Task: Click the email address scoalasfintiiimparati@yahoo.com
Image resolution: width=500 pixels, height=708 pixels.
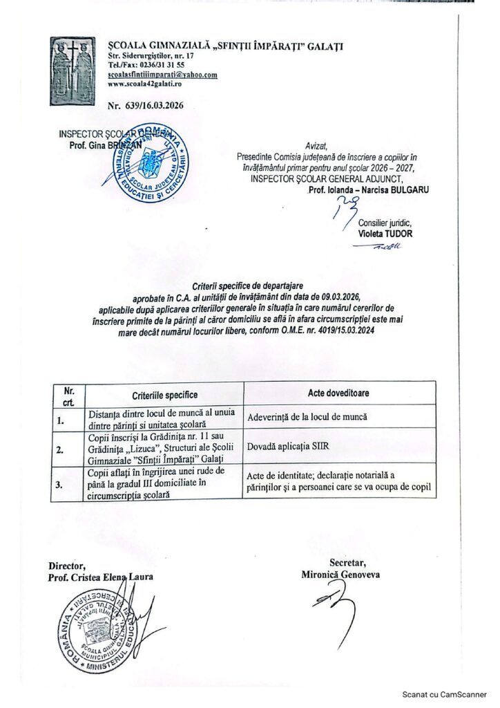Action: pos(163,74)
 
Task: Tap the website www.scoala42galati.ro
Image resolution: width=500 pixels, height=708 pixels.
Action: pos(144,82)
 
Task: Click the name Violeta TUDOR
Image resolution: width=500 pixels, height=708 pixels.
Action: pos(385,233)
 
